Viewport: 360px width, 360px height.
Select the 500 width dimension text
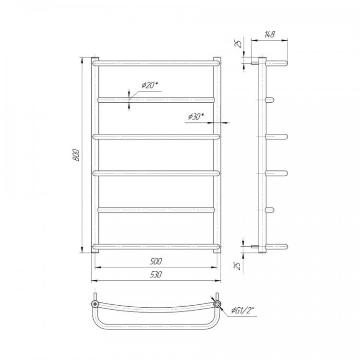(x=156, y=261)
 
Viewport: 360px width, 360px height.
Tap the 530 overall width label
(x=156, y=275)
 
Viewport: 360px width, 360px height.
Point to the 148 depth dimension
(x=270, y=35)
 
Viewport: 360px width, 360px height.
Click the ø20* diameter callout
(x=150, y=85)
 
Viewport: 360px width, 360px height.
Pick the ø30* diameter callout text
(x=196, y=117)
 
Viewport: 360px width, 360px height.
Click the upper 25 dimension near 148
(x=239, y=44)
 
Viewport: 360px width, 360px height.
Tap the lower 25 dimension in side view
(x=239, y=265)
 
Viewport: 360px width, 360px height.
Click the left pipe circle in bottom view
(x=95, y=304)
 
